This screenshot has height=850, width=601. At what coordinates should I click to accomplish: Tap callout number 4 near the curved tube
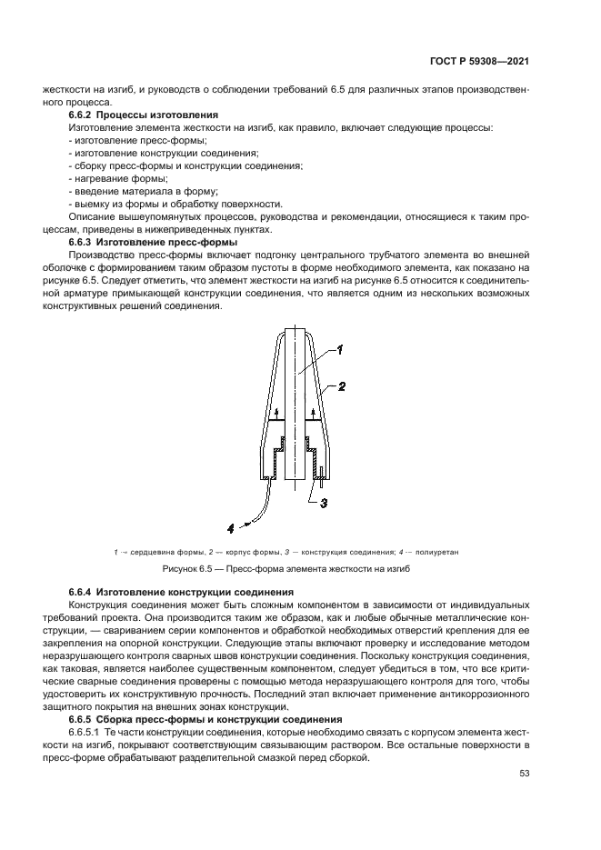click(231, 525)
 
